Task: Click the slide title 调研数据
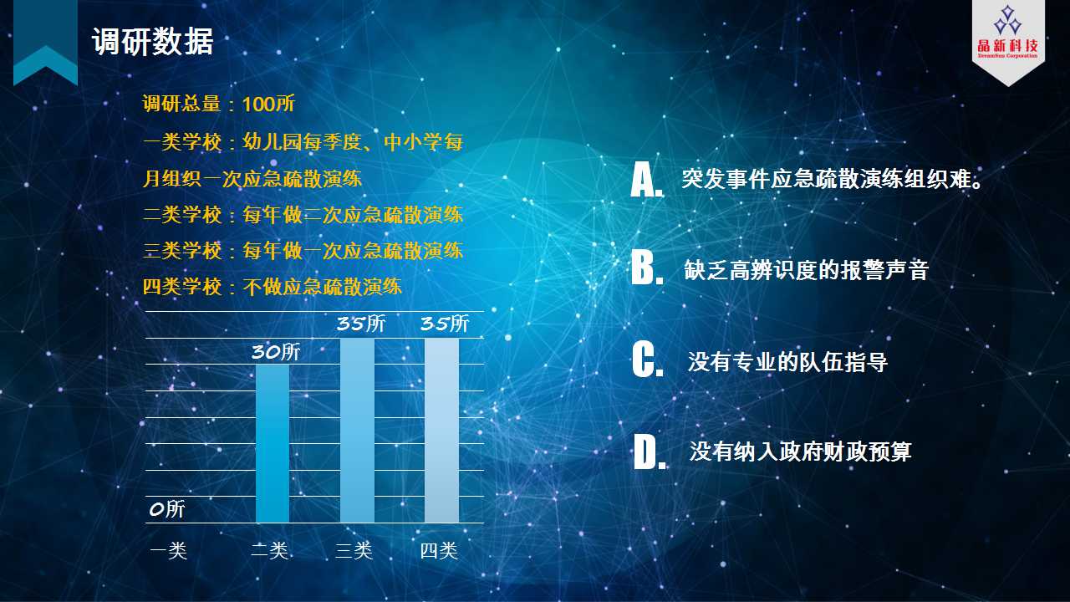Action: [152, 42]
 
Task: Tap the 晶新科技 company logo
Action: [1008, 33]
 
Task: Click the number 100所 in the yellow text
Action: [268, 105]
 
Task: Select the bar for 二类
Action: [273, 443]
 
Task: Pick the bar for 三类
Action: [357, 431]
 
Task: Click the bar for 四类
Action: [441, 431]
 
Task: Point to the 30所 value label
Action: [276, 352]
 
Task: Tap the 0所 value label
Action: [166, 509]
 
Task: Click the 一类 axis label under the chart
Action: [169, 551]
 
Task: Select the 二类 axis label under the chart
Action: [270, 551]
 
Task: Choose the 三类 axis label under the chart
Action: [354, 551]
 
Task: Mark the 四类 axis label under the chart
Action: [439, 551]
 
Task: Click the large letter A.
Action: [647, 180]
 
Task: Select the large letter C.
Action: [648, 360]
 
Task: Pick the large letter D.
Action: [650, 451]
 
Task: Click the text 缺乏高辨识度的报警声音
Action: [806, 270]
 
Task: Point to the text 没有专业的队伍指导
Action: [787, 362]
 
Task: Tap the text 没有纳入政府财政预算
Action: [800, 452]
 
